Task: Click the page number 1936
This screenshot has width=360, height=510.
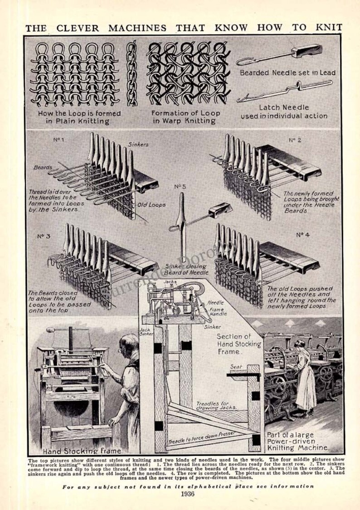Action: (x=186, y=494)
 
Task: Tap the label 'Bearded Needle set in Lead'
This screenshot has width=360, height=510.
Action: (x=287, y=73)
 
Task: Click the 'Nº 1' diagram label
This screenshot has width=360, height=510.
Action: (x=58, y=140)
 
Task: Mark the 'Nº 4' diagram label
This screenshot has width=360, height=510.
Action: (x=302, y=235)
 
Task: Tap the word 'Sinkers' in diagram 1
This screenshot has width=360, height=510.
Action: (x=138, y=144)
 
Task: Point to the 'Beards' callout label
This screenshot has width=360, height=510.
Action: (x=43, y=167)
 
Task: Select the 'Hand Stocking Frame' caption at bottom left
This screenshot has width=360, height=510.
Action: (x=82, y=451)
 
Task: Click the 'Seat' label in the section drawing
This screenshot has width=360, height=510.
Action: (x=236, y=366)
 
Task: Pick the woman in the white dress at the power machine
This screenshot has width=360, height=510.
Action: (x=304, y=376)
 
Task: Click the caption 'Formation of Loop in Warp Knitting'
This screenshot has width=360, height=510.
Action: (x=185, y=117)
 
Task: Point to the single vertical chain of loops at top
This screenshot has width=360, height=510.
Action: (x=131, y=73)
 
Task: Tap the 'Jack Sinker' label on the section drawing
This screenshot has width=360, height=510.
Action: (x=145, y=332)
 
